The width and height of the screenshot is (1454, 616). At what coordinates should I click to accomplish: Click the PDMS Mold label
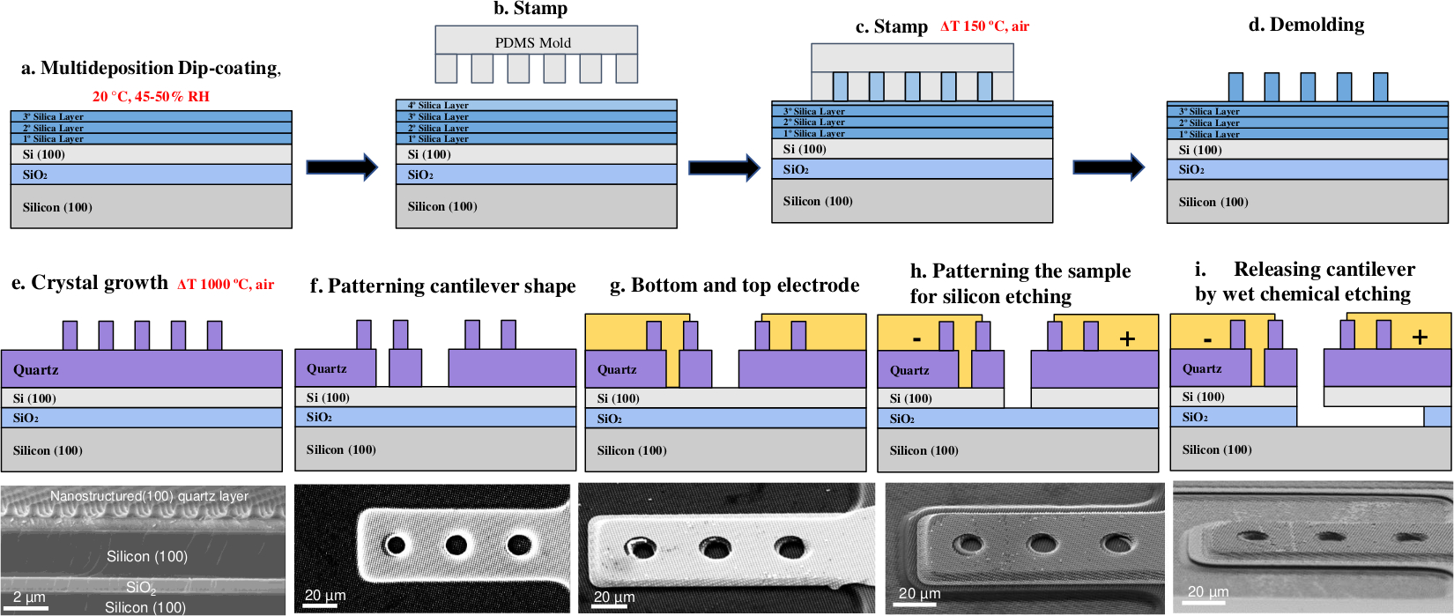pyautogui.click(x=532, y=42)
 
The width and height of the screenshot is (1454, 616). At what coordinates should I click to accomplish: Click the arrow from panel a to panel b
pyautogui.click(x=341, y=167)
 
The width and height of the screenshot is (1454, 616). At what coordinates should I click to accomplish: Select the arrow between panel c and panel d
pyautogui.click(x=1108, y=167)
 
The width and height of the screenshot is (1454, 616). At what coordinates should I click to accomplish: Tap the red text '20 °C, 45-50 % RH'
pyautogui.click(x=151, y=96)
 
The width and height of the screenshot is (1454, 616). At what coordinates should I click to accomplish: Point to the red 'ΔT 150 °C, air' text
pyautogui.click(x=984, y=26)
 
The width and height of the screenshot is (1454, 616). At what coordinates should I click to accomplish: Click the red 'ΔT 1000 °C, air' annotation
pyautogui.click(x=226, y=284)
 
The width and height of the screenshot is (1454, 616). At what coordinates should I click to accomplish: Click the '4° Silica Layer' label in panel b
pyautogui.click(x=438, y=106)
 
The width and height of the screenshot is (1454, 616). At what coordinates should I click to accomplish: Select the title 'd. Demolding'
pyautogui.click(x=1306, y=25)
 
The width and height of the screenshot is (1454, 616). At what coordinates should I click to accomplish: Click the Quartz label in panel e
pyautogui.click(x=36, y=369)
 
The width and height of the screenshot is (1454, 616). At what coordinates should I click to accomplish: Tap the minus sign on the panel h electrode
pyautogui.click(x=917, y=338)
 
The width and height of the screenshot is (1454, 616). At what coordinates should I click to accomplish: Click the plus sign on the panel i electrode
pyautogui.click(x=1420, y=337)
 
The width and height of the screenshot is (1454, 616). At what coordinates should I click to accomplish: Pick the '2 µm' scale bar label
pyautogui.click(x=29, y=597)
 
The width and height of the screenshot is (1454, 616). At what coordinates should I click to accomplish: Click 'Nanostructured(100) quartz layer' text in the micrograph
pyautogui.click(x=149, y=496)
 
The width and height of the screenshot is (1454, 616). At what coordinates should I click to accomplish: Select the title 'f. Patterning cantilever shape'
pyautogui.click(x=442, y=286)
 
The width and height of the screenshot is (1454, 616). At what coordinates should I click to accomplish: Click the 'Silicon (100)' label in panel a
pyautogui.click(x=57, y=207)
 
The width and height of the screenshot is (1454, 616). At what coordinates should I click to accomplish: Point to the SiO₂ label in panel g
pyautogui.click(x=610, y=419)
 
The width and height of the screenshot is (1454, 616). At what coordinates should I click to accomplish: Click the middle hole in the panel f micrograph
pyautogui.click(x=456, y=545)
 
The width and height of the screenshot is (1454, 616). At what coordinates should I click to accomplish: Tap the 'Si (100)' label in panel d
pyautogui.click(x=1200, y=150)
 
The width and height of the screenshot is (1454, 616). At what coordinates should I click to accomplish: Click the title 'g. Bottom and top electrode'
pyautogui.click(x=734, y=285)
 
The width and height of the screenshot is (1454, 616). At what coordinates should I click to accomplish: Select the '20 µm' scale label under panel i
pyautogui.click(x=1207, y=591)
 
